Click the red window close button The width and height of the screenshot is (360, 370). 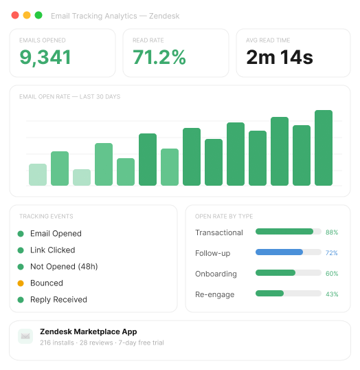(15, 15)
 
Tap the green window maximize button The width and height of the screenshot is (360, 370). (38, 15)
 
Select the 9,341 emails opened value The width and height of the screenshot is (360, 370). (45, 58)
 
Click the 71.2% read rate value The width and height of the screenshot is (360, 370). (159, 58)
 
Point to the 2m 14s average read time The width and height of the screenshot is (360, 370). (280, 58)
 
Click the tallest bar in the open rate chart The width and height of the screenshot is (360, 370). (324, 147)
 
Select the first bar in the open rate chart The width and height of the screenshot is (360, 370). (38, 175)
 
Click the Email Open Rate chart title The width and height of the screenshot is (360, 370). (69, 97)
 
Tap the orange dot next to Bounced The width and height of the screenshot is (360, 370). (21, 283)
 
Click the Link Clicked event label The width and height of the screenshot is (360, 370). (52, 250)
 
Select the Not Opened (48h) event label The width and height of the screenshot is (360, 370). (63, 267)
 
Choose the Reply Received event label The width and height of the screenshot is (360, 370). (58, 300)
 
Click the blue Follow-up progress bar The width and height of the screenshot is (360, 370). (280, 252)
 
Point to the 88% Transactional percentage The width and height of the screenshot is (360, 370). (332, 232)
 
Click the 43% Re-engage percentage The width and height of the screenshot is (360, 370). (332, 294)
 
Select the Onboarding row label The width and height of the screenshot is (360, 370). (216, 274)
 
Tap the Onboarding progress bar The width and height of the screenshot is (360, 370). (275, 273)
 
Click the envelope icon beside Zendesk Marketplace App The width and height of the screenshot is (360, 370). (25, 336)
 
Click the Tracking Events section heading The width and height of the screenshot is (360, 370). (46, 217)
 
